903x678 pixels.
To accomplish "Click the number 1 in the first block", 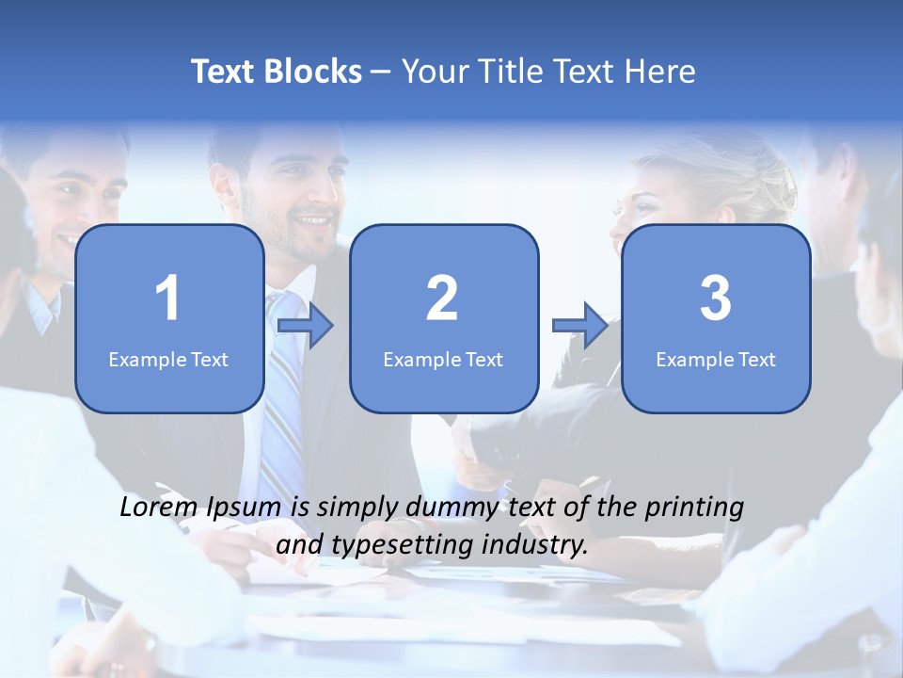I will [x=167, y=299].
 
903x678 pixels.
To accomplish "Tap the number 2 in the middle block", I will [x=442, y=299].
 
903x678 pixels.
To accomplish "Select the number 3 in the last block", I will [x=716, y=299].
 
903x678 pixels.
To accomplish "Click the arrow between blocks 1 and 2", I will [x=306, y=327].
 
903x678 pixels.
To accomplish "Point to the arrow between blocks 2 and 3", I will [x=580, y=326].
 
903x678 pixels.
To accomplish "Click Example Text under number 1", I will [x=168, y=359].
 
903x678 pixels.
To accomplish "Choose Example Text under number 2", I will [x=443, y=359].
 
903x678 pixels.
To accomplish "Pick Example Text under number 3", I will [x=716, y=359].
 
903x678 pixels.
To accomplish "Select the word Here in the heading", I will [x=661, y=72].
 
